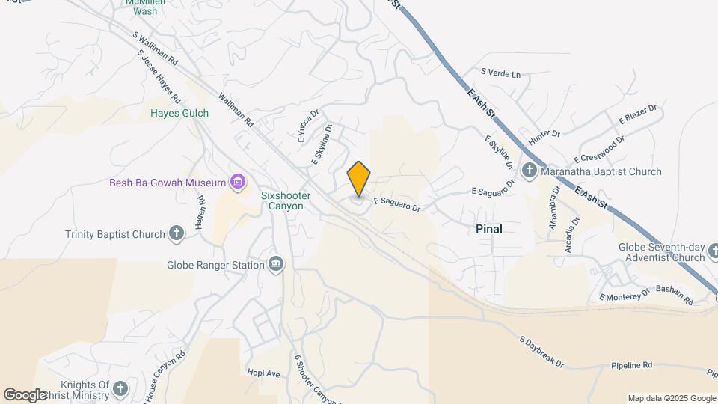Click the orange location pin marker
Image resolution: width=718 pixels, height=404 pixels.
359,179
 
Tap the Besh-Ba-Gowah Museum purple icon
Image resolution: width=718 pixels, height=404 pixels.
239,183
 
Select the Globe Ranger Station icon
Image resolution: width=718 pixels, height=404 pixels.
276,264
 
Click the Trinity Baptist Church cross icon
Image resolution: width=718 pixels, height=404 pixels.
177,234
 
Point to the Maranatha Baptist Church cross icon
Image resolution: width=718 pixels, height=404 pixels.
530,171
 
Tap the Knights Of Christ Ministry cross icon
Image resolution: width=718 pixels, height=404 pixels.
120,388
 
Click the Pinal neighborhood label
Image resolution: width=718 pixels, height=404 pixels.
489,229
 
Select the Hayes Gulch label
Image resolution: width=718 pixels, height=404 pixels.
179,113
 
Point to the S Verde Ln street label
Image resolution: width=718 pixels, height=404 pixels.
500,73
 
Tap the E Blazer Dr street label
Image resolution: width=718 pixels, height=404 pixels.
637,114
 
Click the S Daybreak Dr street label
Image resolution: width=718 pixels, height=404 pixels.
541,350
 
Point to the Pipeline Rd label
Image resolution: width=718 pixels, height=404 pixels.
631,365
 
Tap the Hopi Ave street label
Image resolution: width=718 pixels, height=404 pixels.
263,372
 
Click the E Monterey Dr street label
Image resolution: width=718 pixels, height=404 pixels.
623,296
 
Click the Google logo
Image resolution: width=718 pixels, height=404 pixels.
25,394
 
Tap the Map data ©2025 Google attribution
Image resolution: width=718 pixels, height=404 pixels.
672,398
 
